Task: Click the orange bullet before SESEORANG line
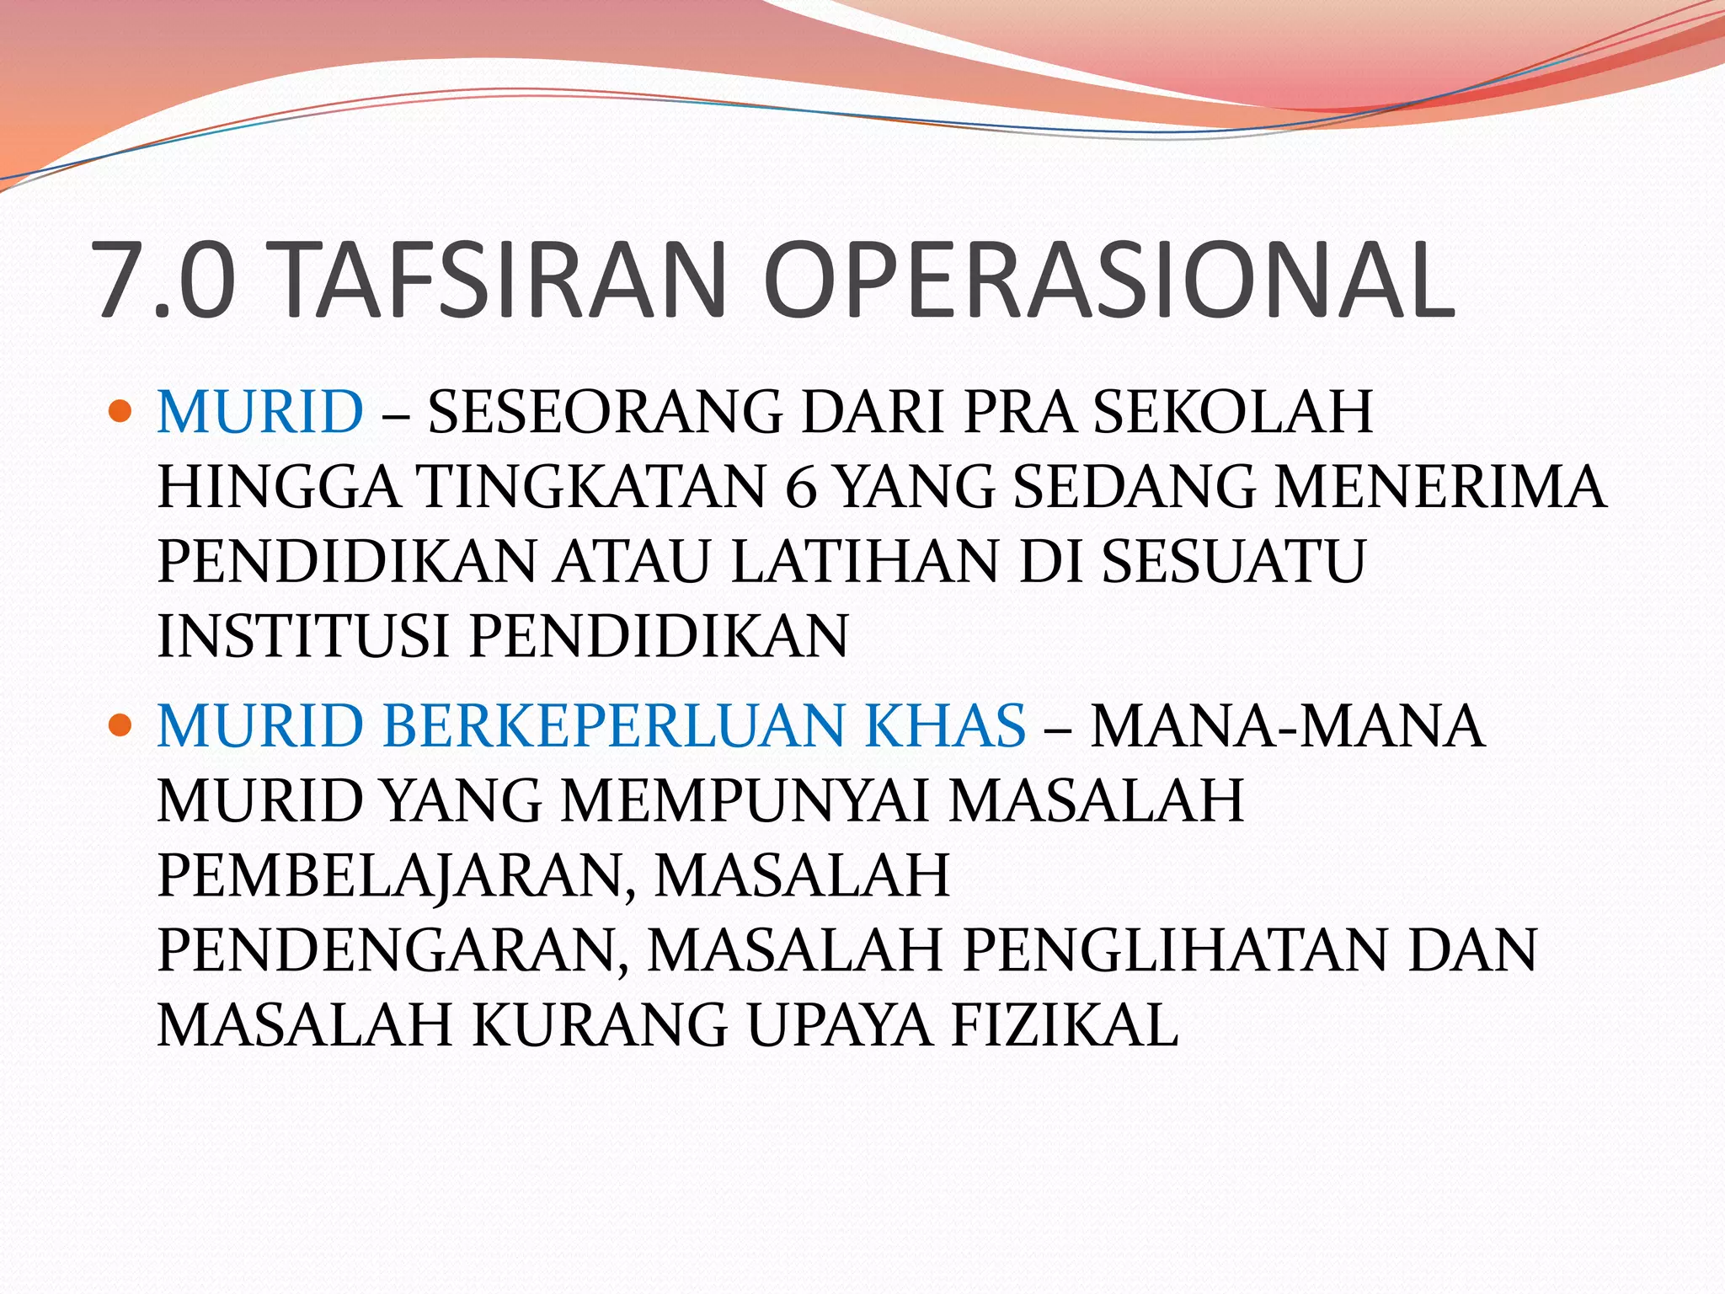coord(121,411)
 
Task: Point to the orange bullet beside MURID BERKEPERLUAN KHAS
coord(121,725)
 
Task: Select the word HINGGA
coord(278,487)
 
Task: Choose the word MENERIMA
coord(1439,487)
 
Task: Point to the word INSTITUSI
coord(303,636)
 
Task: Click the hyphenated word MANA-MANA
coord(1287,725)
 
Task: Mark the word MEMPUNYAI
coord(745,800)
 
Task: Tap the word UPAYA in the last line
coord(839,1025)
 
